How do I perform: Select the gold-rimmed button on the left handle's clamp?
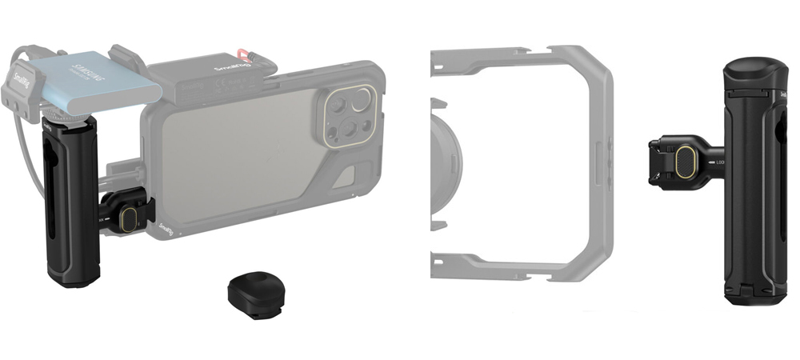coord(126,218)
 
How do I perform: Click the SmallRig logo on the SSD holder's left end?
coord(22,77)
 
